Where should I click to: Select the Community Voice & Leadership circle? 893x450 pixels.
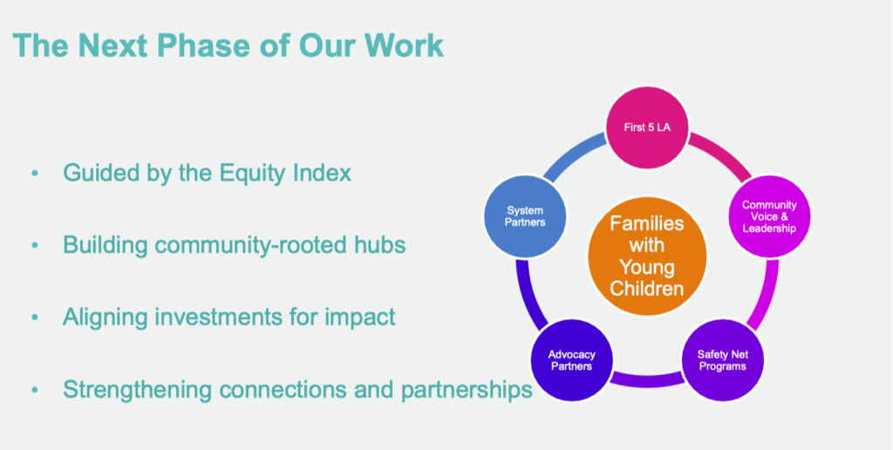pyautogui.click(x=769, y=216)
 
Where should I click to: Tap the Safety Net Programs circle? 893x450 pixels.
pyautogui.click(x=723, y=360)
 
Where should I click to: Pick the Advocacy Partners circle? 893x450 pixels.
pyautogui.click(x=572, y=360)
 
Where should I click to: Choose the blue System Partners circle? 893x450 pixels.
pyautogui.click(x=525, y=216)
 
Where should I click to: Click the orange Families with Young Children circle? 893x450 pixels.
pyautogui.click(x=647, y=256)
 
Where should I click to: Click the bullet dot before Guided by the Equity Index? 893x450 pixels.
pyautogui.click(x=35, y=174)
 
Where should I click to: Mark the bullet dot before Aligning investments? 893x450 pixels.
pyautogui.click(x=35, y=317)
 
